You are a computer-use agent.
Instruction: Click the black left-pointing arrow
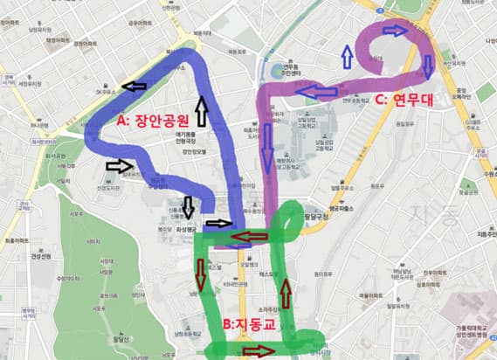[x=135, y=86]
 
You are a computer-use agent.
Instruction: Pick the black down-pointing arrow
[x=189, y=207]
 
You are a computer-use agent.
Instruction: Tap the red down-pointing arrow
[x=202, y=273]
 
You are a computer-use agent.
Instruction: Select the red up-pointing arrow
[x=285, y=292]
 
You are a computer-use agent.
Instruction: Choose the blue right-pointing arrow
[x=395, y=31]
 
